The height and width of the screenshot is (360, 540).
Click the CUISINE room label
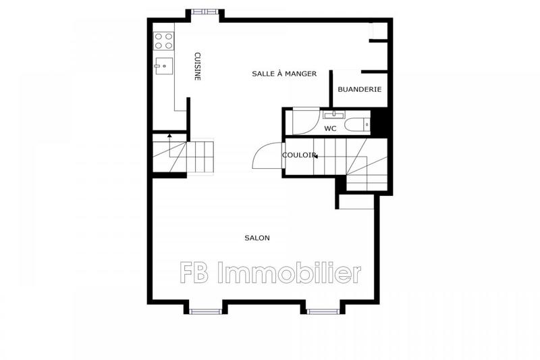(198, 66)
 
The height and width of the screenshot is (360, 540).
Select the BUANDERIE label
(360, 89)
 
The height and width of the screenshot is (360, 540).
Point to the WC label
(330, 128)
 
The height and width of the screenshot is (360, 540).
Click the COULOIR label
(298, 155)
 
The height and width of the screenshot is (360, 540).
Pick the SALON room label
(257, 238)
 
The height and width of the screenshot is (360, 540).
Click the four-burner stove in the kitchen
(163, 41)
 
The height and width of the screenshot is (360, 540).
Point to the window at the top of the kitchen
(203, 11)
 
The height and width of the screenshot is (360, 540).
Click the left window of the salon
(205, 311)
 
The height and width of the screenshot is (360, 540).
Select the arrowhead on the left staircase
(169, 136)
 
